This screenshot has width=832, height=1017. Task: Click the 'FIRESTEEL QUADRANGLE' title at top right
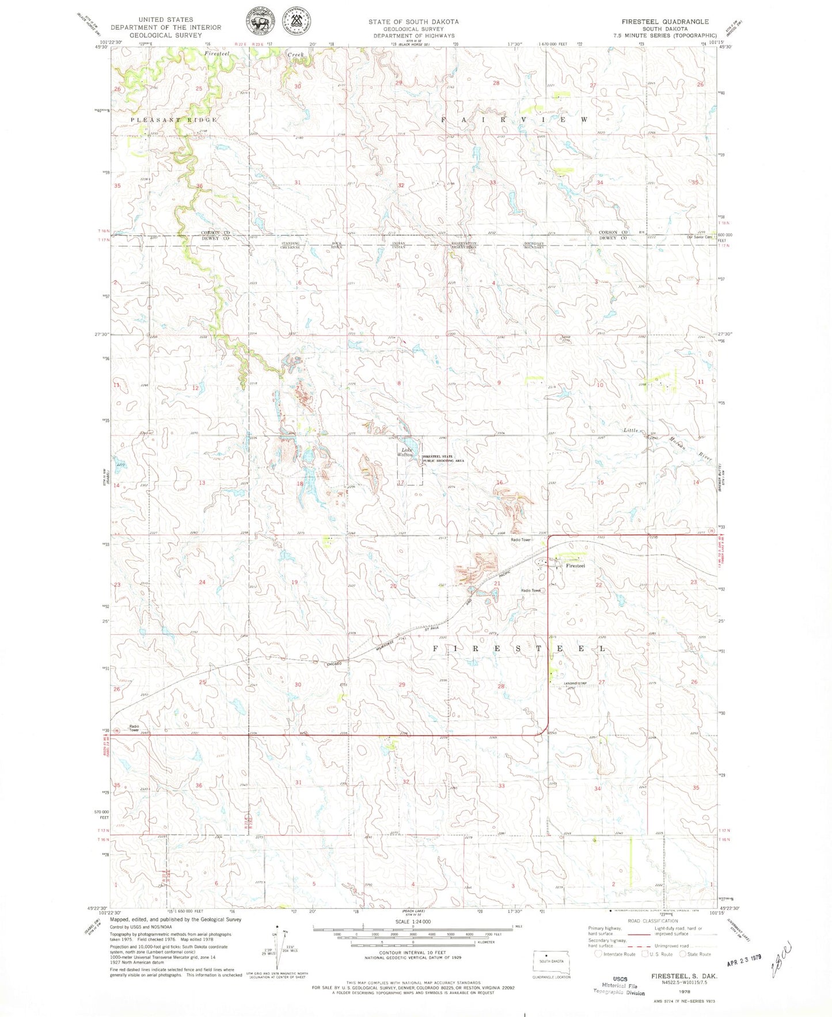click(664, 21)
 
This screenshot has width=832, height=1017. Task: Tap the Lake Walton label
click(406, 452)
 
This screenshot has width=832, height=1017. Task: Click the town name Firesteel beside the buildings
click(575, 566)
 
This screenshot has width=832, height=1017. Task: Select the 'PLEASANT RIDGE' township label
click(173, 120)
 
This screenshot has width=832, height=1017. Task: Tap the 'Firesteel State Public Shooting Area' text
click(443, 459)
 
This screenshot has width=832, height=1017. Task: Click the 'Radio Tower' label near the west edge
click(134, 728)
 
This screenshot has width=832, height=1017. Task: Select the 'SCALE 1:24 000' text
click(412, 921)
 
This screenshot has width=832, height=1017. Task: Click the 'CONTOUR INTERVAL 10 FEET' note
click(412, 958)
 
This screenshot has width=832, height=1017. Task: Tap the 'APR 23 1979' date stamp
click(743, 962)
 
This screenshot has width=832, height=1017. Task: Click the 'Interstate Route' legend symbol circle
click(598, 954)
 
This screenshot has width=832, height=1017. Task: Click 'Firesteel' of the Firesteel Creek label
click(216, 54)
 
